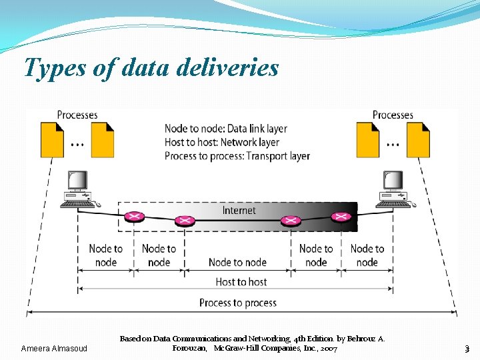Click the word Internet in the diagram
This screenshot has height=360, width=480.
click(x=239, y=211)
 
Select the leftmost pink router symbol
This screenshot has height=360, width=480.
click(x=134, y=217)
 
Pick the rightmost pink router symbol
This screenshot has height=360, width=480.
click(x=341, y=217)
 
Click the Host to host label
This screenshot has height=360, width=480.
click(x=241, y=282)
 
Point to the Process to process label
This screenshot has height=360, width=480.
click(x=238, y=303)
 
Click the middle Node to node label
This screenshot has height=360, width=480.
click(x=237, y=262)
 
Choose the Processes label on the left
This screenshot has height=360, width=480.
click(x=77, y=115)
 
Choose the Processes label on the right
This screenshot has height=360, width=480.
click(x=393, y=115)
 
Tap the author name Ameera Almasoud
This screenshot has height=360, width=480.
click(x=54, y=349)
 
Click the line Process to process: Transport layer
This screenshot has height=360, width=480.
click(x=237, y=156)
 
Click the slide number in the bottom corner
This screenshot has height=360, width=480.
click(x=467, y=349)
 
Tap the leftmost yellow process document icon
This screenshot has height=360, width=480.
click(x=53, y=139)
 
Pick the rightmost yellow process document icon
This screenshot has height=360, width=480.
click(x=419, y=139)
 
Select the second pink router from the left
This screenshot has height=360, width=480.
click(x=183, y=221)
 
